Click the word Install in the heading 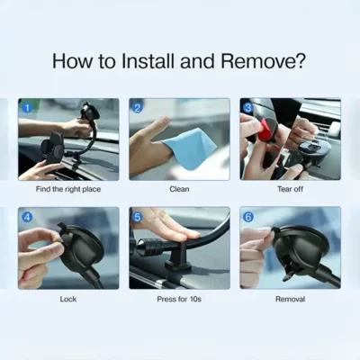pos(148,61)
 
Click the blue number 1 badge pos(27,108)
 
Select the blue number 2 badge pos(138,108)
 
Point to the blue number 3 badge pos(248,108)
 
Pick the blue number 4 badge pos(27,217)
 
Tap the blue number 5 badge pos(138,217)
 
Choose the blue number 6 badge pos(248,217)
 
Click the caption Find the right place pos(68,189)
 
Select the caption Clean pos(179,189)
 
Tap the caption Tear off pos(290,189)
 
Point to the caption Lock pos(68,299)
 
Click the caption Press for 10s pos(179,299)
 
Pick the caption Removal pos(290,299)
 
